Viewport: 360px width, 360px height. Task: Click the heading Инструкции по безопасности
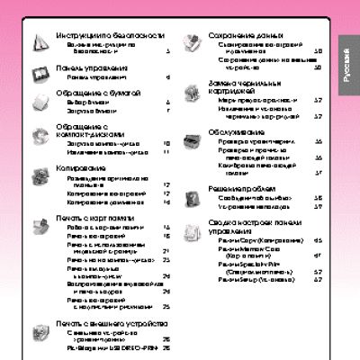pyautogui.click(x=110, y=34)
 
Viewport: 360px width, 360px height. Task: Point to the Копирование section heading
pyautogui.click(x=85, y=166)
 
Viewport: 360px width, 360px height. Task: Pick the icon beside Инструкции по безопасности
pyautogui.click(x=40, y=40)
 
